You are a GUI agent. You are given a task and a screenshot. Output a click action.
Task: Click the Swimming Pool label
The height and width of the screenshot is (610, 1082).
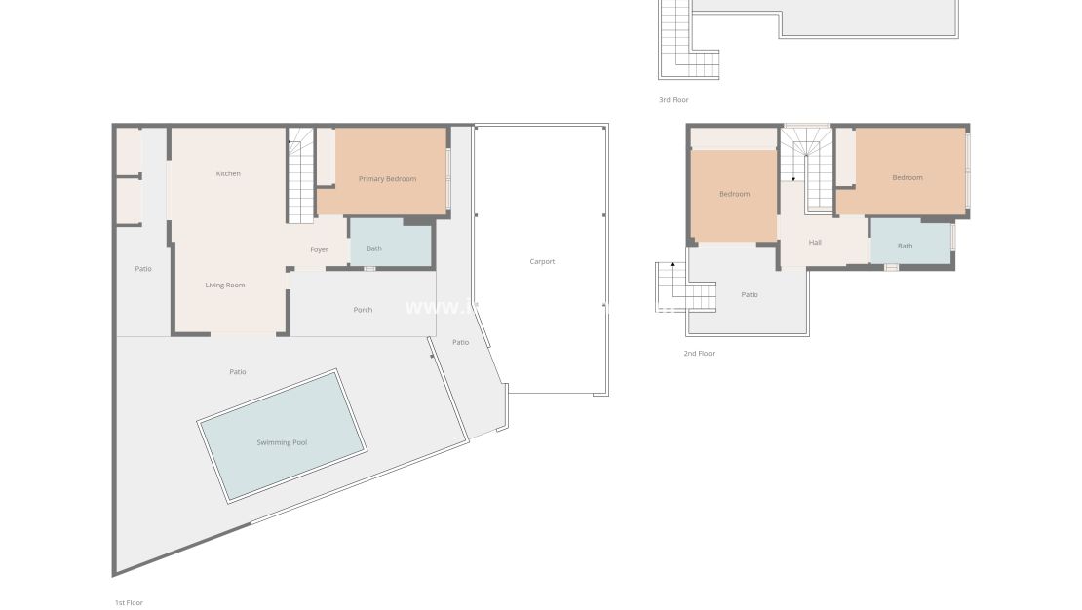[x=282, y=442]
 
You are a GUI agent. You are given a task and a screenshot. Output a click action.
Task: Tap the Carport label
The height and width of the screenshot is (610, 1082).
[x=542, y=261]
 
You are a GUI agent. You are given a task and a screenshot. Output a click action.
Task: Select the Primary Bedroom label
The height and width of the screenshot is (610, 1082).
[x=387, y=179]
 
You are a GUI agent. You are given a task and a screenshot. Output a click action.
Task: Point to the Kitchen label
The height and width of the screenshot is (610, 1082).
[x=228, y=173]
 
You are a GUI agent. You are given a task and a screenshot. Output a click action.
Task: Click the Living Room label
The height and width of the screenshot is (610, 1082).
[x=225, y=286]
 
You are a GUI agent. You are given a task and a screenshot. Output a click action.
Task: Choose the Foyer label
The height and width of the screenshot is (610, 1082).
[x=319, y=249]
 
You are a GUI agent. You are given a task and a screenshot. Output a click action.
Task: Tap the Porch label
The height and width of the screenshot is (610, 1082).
[x=363, y=310]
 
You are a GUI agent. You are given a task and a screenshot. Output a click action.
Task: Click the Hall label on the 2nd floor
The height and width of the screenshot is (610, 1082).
[x=815, y=242]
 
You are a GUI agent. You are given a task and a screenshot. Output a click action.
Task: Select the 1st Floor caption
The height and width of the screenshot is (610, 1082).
[x=129, y=603]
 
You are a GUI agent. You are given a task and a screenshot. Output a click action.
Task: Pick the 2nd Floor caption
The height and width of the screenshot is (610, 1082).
[x=699, y=354]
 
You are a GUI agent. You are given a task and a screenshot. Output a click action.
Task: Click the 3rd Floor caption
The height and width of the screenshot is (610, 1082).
[x=674, y=100]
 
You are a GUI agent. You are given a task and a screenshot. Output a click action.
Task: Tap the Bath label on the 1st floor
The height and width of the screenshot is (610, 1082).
[x=374, y=248]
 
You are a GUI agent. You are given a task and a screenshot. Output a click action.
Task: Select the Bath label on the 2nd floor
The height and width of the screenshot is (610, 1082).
[x=906, y=246]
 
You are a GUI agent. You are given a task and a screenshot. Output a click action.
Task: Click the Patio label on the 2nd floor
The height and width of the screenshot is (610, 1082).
[x=750, y=294]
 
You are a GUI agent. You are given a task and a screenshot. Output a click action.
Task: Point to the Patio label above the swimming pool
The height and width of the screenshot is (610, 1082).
[x=238, y=371]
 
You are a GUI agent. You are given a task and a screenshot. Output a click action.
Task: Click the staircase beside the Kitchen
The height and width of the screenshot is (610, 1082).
[x=300, y=175]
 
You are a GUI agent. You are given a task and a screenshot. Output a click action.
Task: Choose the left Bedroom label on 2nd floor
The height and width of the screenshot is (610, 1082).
[x=735, y=194]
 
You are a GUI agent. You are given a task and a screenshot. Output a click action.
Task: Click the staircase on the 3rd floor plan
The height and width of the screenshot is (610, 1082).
[x=676, y=39]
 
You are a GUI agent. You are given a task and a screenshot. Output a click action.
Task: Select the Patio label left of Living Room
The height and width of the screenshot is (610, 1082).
[x=143, y=269]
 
